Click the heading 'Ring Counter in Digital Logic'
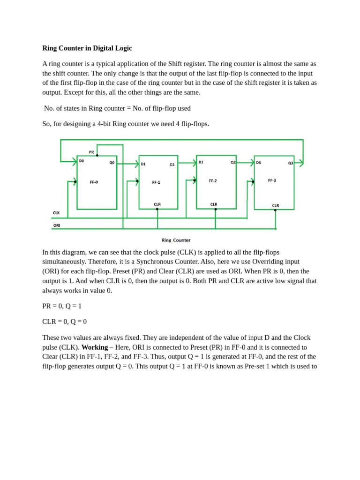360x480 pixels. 87,48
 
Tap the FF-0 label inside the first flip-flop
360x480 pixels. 94,182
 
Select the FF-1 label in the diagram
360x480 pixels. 156,182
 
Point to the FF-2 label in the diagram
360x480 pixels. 213,180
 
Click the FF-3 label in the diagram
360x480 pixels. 272,180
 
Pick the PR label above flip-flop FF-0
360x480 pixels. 91,152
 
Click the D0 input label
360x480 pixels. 82,161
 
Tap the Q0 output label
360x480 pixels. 112,163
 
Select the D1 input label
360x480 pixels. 143,164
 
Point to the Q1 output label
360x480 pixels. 172,165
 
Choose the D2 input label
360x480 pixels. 201,162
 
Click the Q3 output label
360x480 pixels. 291,163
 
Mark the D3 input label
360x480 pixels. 258,163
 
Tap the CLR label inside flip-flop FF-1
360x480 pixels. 157,204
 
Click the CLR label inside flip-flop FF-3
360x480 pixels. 276,205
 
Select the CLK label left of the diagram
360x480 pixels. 56,213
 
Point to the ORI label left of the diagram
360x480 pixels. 57,225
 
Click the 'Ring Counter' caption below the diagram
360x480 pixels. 176,240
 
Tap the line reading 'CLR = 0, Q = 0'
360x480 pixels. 65,322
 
